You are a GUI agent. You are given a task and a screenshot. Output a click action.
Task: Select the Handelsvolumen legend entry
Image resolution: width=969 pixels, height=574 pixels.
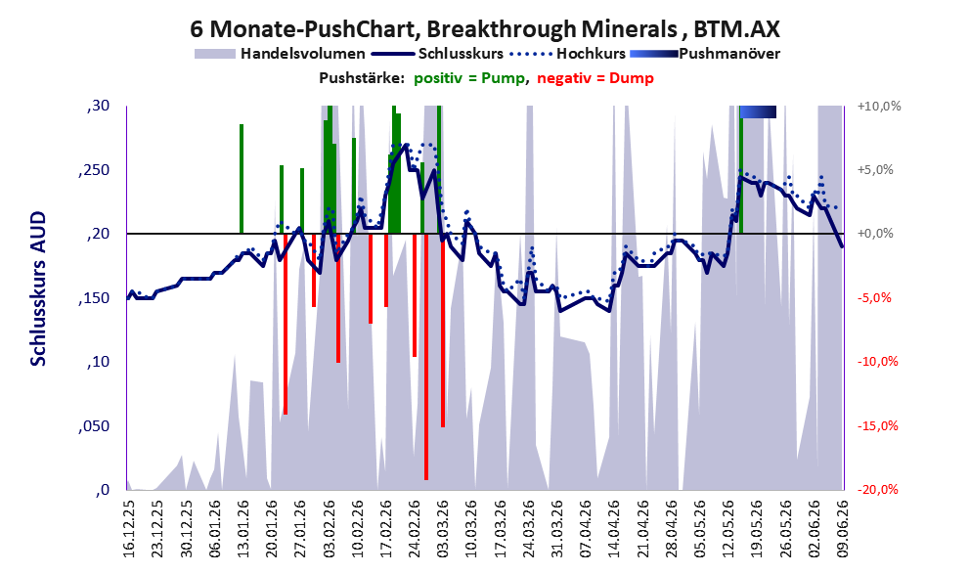point(280,54)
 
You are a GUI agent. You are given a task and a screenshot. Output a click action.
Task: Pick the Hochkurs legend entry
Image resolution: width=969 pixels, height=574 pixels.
point(568,54)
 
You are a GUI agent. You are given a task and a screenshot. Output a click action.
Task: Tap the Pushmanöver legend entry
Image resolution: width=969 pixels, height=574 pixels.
point(705,54)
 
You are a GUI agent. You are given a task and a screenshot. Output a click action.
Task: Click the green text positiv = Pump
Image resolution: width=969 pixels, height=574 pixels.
point(469,78)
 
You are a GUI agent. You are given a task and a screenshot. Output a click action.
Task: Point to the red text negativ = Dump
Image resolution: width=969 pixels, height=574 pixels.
point(595,78)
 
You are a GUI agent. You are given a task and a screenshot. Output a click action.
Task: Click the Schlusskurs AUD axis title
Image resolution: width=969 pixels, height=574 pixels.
point(38,288)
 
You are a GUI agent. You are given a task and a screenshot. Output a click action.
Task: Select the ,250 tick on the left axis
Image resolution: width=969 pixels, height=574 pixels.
point(95,170)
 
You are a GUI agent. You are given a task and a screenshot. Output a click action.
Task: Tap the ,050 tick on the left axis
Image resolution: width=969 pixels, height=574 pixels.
point(95,425)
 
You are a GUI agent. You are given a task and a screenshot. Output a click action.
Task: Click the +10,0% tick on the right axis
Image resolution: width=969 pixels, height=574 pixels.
point(879,107)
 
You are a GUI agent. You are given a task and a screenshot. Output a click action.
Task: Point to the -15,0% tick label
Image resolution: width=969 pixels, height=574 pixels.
point(878,425)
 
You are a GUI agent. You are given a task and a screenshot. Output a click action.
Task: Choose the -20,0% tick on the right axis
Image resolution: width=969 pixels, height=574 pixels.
point(878,489)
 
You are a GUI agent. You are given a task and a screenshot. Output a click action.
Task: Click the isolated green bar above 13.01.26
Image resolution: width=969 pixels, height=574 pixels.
point(241,179)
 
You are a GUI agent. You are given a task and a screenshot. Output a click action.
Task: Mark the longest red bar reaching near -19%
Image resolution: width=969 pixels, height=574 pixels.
point(426,357)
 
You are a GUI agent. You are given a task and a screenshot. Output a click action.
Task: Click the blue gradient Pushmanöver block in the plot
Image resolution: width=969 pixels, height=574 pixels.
point(758,111)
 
